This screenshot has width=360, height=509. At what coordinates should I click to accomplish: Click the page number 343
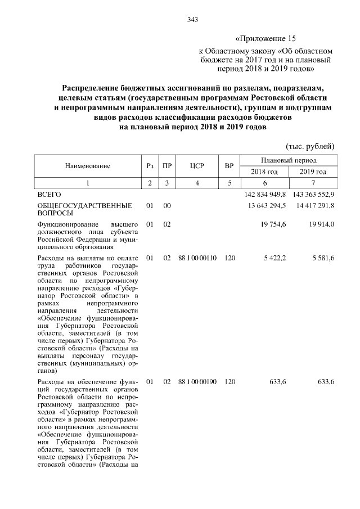click(x=192, y=20)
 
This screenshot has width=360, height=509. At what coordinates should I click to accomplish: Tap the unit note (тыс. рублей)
click(x=310, y=146)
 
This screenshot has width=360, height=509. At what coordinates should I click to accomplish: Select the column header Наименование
click(x=87, y=166)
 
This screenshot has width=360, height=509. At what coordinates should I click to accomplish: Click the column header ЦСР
click(x=196, y=166)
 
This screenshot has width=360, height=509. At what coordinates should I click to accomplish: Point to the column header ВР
click(x=229, y=166)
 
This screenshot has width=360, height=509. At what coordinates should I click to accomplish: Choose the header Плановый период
click(x=289, y=160)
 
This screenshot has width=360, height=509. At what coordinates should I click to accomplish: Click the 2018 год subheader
click(x=264, y=172)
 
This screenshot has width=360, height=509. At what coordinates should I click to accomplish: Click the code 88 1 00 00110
click(x=197, y=258)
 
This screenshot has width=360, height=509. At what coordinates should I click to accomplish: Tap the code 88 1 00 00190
click(x=197, y=382)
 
